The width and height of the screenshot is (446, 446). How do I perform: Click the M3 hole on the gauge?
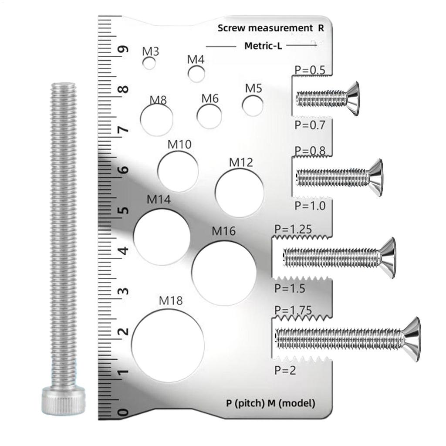(x=149, y=64)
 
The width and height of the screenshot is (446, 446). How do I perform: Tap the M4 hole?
(x=196, y=74)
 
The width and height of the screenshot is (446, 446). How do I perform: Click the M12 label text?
(x=241, y=163)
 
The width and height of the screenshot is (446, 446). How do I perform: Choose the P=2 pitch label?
(x=286, y=370)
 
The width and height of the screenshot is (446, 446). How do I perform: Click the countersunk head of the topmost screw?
(x=353, y=98)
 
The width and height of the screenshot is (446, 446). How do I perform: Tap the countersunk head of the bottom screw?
(x=412, y=339)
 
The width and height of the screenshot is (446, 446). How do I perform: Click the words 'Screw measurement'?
(x=264, y=28)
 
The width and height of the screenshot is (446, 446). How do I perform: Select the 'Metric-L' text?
(x=263, y=46)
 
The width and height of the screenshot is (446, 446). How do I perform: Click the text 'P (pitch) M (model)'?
(x=270, y=403)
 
